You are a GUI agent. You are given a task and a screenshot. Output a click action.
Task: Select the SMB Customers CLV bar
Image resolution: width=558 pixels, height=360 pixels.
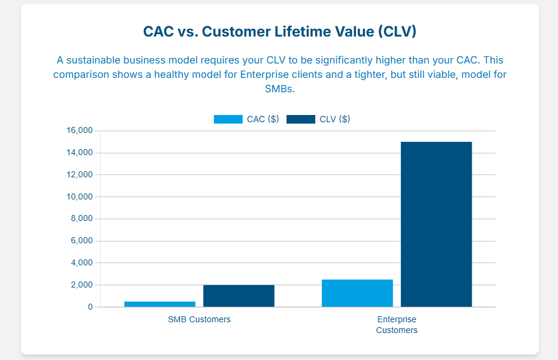coord(239,296)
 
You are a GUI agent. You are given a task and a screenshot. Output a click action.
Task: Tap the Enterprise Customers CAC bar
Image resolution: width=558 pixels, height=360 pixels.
coord(357,293)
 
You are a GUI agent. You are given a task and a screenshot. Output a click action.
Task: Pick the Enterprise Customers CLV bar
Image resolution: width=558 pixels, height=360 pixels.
coord(436,224)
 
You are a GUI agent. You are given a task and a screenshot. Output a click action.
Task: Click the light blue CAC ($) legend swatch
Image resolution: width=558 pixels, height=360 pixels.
coord(228,119)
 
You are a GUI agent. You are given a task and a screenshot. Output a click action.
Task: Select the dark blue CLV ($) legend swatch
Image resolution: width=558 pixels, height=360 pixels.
coord(301,119)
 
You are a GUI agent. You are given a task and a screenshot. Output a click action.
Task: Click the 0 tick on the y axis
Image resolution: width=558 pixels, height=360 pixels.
coord(91,307)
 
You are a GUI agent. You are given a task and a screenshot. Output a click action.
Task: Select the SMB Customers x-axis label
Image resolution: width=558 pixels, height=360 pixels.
coord(199,319)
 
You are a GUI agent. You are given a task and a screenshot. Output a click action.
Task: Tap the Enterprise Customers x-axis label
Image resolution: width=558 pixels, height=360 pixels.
coord(397,325)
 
